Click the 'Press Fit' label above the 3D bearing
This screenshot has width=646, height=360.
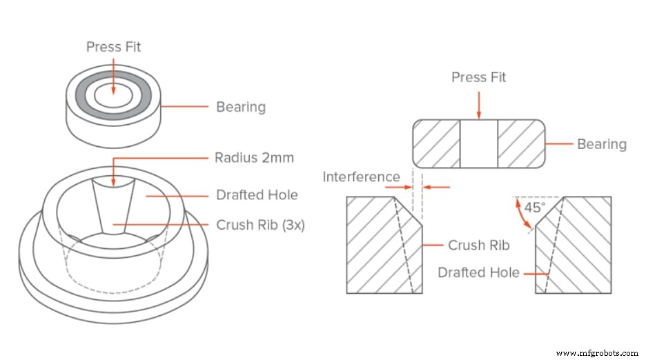(114, 47)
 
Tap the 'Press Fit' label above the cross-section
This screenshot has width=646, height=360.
(478, 77)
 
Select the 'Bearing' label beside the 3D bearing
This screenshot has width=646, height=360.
(241, 107)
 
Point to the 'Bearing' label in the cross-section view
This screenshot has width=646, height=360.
(602, 144)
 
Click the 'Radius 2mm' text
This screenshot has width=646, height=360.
(255, 158)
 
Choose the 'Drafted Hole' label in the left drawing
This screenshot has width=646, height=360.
(257, 194)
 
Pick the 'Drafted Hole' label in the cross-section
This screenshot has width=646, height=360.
(478, 272)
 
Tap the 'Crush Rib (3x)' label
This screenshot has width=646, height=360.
(260, 225)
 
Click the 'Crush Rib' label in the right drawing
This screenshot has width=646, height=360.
(479, 245)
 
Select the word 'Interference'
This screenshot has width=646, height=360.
(361, 177)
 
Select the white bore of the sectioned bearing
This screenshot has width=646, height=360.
(478, 143)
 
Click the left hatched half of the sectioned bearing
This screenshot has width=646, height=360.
(436, 143)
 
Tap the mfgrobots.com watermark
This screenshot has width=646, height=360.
(598, 353)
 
